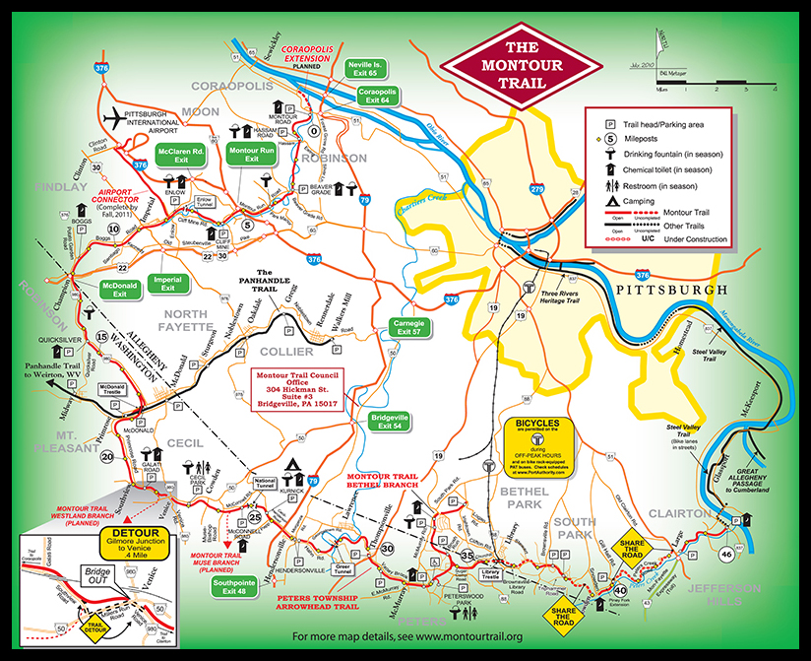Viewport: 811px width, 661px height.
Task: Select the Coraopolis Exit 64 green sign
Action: (x=379, y=96)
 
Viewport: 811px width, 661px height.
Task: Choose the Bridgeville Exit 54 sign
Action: (x=391, y=423)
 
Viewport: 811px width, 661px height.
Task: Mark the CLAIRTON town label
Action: (x=679, y=514)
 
